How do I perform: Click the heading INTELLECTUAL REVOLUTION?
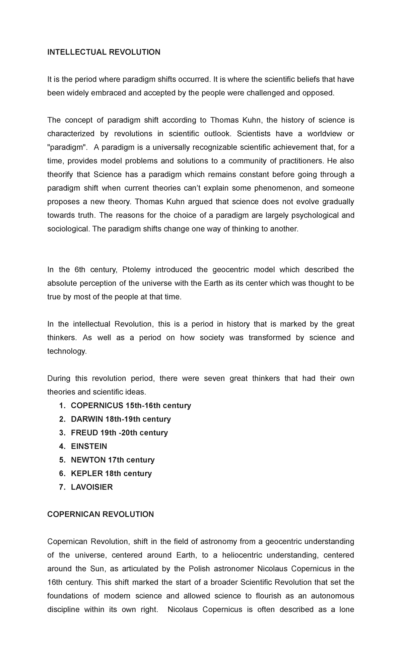(104, 52)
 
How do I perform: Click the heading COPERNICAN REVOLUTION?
(100, 514)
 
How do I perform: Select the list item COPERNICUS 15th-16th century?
(131, 406)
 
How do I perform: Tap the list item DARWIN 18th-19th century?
(121, 419)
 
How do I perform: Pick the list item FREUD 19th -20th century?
(119, 433)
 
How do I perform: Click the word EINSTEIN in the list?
(89, 446)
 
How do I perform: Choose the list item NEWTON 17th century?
(113, 460)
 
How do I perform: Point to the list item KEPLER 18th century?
(111, 473)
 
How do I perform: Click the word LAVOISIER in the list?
(92, 487)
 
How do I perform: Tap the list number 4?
(62, 446)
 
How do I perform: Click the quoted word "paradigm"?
(67, 147)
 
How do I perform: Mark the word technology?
(67, 351)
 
